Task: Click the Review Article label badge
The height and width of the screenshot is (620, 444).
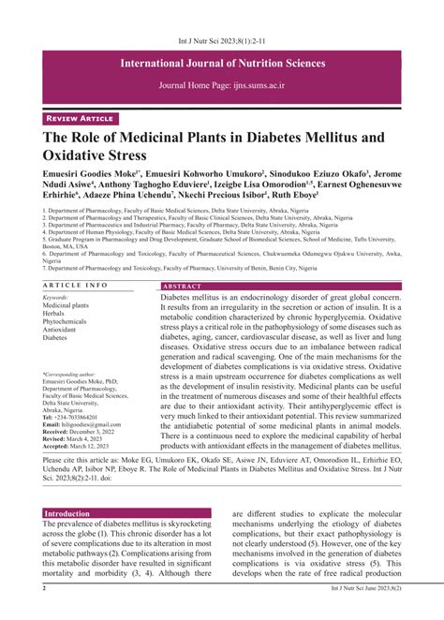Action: (x=82, y=119)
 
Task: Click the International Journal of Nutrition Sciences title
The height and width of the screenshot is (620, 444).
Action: (x=222, y=64)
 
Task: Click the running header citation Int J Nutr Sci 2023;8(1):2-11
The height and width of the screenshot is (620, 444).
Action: (x=221, y=16)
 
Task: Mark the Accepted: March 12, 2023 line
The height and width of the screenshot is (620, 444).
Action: (x=79, y=448)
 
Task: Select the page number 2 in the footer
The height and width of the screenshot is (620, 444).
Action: (x=44, y=614)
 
